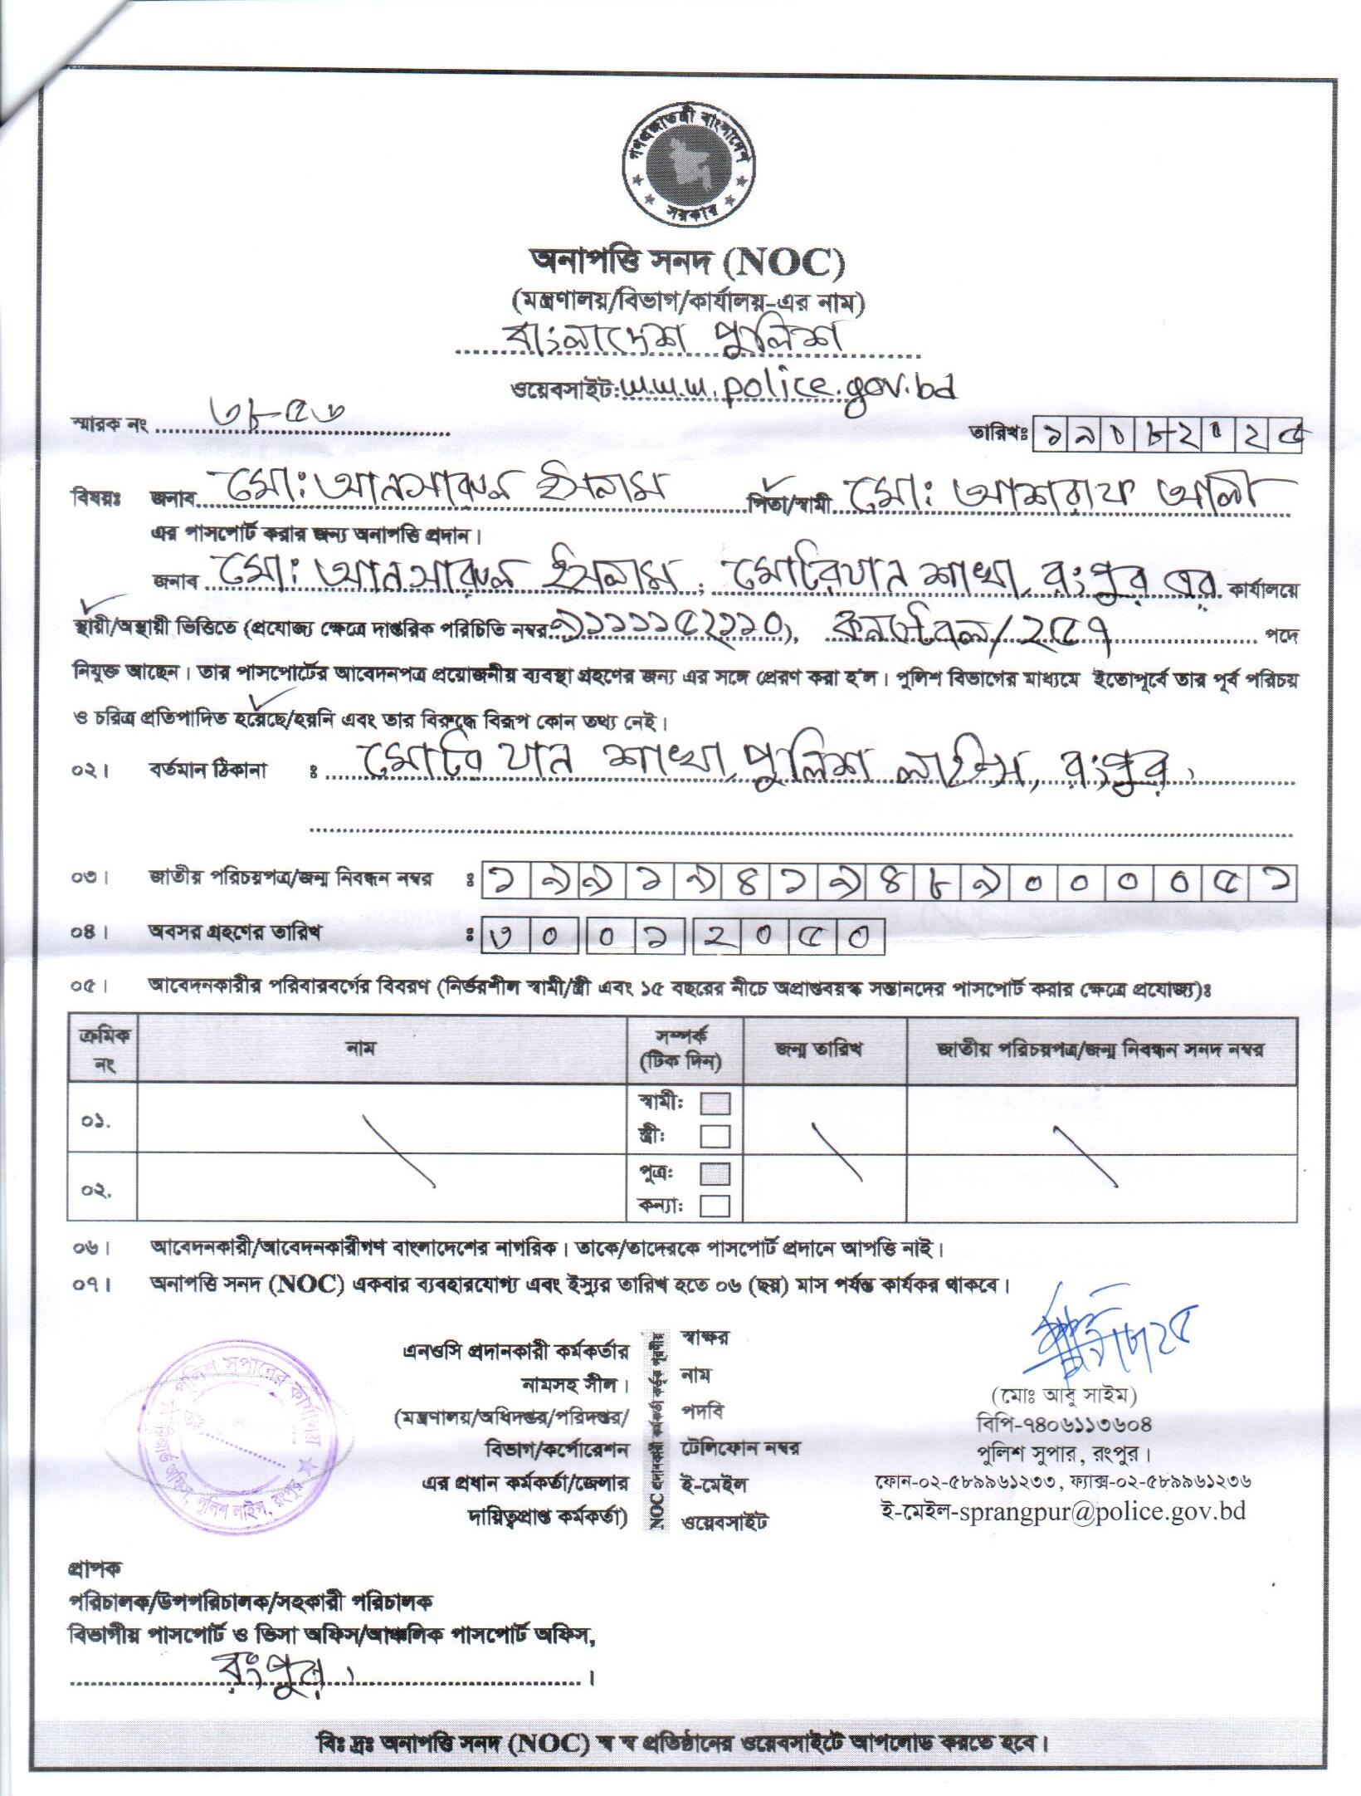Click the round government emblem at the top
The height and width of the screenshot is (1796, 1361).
(686, 167)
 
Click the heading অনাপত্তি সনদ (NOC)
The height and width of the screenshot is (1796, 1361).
(687, 265)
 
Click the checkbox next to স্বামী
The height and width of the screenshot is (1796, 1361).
(715, 1104)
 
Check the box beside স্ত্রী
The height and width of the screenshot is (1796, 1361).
(715, 1135)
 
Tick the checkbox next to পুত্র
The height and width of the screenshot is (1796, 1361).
(715, 1173)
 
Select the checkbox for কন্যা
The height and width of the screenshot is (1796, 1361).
(715, 1205)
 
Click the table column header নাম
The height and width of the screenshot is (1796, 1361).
(362, 1048)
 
